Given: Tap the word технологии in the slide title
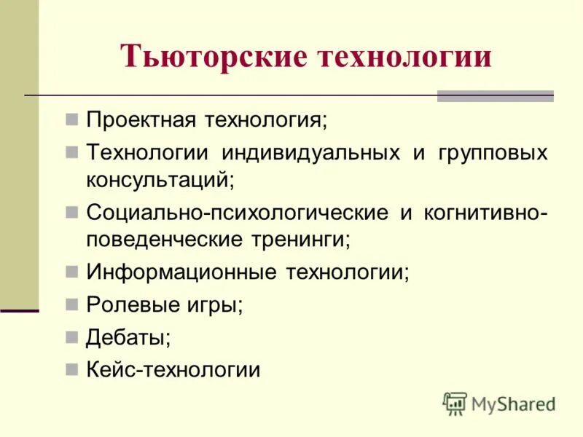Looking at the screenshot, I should [404, 58].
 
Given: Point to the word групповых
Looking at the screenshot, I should [493, 154].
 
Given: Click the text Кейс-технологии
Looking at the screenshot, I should [173, 370].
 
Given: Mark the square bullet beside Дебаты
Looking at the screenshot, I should [71, 336].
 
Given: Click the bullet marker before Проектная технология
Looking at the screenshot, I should [71, 119].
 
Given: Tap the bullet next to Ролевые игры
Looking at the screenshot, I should [71, 304].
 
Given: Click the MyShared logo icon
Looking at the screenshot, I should [454, 403].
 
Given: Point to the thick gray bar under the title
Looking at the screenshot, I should [495, 96].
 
